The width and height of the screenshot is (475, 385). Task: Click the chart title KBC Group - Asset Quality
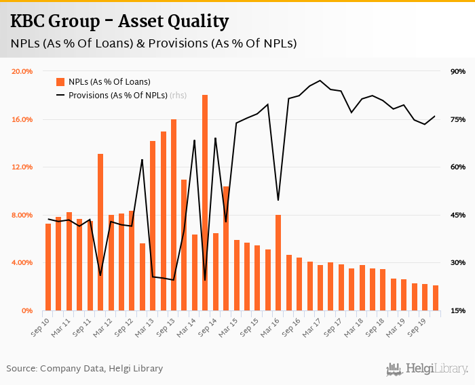119,21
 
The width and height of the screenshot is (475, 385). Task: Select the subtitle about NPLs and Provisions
153,44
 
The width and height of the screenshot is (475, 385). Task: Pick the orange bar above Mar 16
278,262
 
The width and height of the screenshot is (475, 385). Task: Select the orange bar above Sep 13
174,214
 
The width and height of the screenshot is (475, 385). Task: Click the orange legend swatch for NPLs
60,82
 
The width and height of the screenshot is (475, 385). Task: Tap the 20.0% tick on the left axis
22,71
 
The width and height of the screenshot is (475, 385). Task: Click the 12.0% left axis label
22,167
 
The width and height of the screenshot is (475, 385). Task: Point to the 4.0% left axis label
24,262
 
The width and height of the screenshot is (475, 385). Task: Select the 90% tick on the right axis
457,71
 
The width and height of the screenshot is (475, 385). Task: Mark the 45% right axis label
457,215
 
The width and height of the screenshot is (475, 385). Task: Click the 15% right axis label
457,310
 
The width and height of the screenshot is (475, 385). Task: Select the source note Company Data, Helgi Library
85,369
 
